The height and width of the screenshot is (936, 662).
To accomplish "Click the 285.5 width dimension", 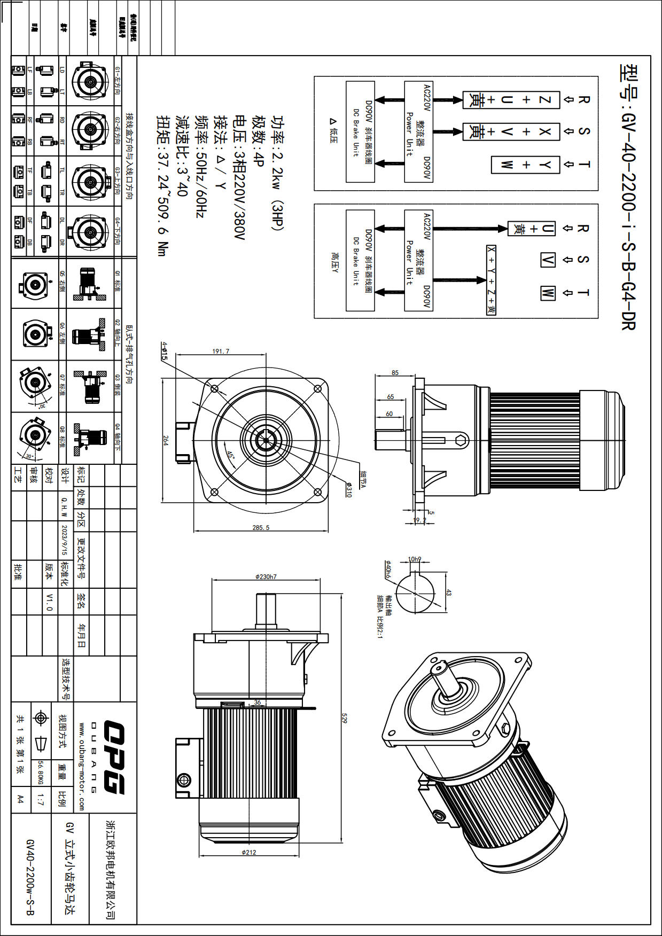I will tap(261, 527).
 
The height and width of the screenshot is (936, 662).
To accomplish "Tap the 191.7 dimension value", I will tap(221, 351).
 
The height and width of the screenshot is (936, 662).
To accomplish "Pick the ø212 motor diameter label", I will tap(249, 852).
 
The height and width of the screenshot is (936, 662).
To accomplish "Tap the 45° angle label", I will tap(230, 454).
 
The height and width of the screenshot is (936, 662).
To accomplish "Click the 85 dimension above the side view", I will tap(395, 372).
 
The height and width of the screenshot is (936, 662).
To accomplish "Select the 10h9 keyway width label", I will tap(415, 559).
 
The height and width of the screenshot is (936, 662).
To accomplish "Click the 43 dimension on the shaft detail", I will tap(448, 592).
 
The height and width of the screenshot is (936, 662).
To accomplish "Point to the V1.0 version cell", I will tap(49, 602).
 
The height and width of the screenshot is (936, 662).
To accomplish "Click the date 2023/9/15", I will tap(65, 540).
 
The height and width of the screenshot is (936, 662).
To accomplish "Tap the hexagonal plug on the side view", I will tap(462, 440).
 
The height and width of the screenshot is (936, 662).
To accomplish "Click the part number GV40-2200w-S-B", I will tap(30, 877).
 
